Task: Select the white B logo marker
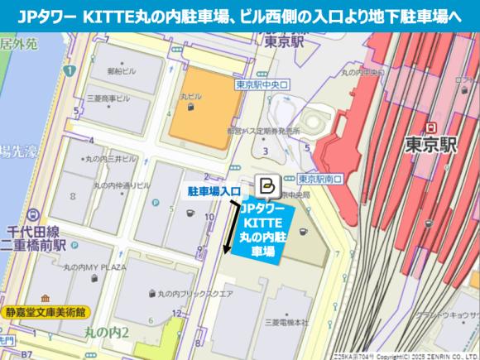267,184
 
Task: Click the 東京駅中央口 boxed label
260,84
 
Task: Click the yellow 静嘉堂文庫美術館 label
45,312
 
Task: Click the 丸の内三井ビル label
108,157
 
